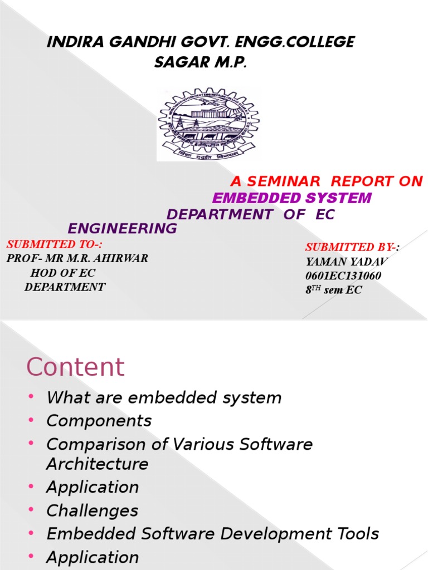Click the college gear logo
(x=208, y=124)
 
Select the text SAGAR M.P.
(x=200, y=63)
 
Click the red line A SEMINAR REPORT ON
(x=327, y=181)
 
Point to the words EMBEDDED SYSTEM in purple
(x=292, y=198)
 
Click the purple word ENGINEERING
(x=122, y=229)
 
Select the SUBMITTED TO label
(x=55, y=244)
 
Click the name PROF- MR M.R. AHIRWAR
(x=77, y=258)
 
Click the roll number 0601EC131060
(x=343, y=276)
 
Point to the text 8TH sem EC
(x=333, y=290)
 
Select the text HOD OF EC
(x=62, y=273)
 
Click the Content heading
(x=76, y=367)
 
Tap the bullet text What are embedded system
(x=164, y=398)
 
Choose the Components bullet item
(x=99, y=421)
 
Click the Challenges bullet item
(x=93, y=511)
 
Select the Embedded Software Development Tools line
(x=212, y=534)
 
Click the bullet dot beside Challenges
(x=31, y=510)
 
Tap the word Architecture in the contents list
(x=98, y=464)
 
